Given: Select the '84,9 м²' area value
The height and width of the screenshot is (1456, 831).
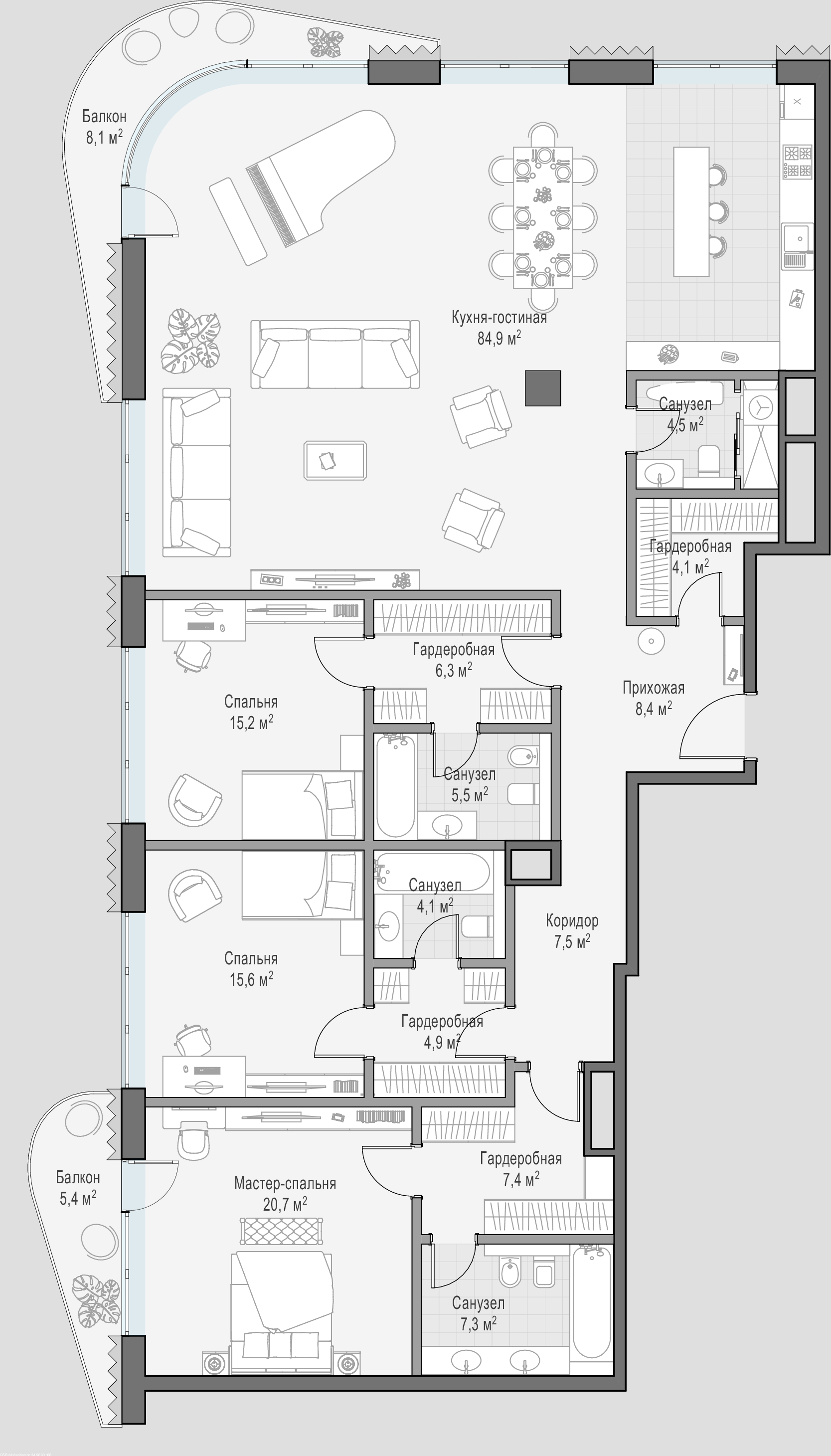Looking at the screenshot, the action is coord(499,339).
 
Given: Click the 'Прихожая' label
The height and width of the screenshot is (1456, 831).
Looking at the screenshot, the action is coord(654,688).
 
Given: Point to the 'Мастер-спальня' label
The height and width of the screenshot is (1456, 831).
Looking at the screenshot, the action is coord(285,1183).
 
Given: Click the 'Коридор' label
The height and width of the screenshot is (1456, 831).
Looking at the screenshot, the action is coord(572,920).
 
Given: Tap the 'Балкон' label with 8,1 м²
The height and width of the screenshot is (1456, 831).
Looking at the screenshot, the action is coord(104,117).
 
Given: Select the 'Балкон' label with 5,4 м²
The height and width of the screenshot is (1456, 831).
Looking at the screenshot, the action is coord(78,1177).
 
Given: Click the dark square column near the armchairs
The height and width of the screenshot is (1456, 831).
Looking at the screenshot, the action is coord(543,388).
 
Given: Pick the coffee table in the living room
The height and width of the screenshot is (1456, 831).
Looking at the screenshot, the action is coord(335,460).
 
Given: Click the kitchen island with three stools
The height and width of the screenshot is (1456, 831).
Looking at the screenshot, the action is coord(691,212).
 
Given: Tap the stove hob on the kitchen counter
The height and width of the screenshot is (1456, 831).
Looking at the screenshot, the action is coord(797,162).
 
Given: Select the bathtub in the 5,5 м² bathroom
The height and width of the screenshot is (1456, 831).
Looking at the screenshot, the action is coord(395,786).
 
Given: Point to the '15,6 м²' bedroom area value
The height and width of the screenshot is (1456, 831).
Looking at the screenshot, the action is coord(251,980).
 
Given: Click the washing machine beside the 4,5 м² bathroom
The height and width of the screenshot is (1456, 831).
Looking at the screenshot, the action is coord(759,407).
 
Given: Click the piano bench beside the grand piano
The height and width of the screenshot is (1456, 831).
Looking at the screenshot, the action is coord(238,221).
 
